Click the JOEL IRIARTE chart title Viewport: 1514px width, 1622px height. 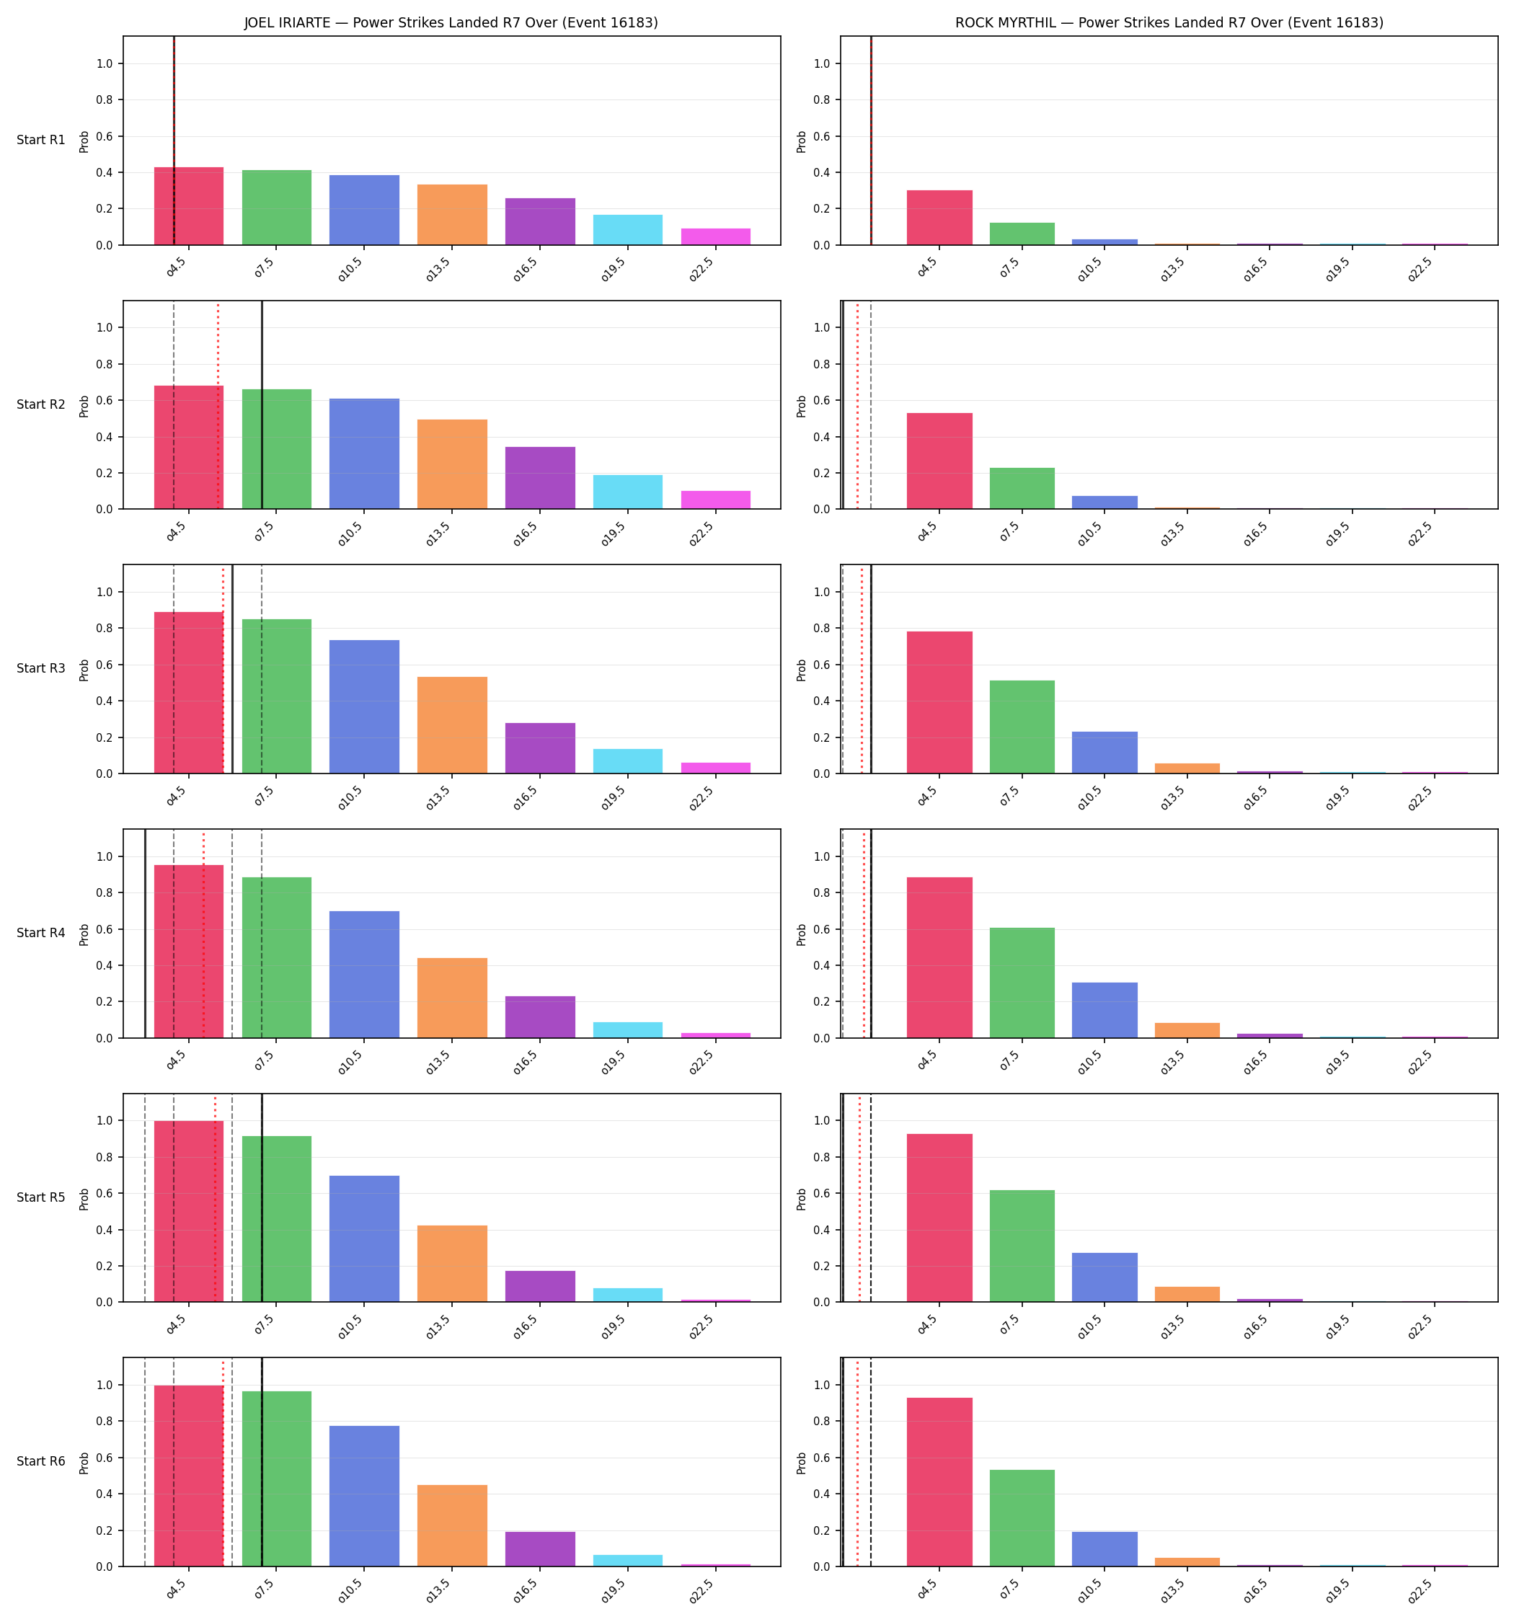pyautogui.click(x=451, y=23)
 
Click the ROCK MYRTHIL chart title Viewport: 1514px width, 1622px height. pyautogui.click(x=1169, y=23)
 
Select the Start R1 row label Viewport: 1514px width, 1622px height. pyautogui.click(x=41, y=141)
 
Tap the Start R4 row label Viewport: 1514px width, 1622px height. pyautogui.click(x=41, y=933)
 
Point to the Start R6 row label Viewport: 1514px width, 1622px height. pyautogui.click(x=41, y=1461)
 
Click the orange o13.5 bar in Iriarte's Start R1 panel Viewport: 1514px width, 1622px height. pyautogui.click(x=452, y=215)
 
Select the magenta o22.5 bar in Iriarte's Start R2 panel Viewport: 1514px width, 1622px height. pyautogui.click(x=716, y=500)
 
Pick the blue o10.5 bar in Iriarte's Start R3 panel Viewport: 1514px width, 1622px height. pyautogui.click(x=364, y=706)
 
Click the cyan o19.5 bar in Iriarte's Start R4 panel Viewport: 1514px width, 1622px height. pyautogui.click(x=628, y=1029)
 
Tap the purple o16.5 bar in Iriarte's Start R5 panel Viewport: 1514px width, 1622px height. pyautogui.click(x=540, y=1287)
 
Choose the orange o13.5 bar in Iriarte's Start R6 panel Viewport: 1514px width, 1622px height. pyautogui.click(x=452, y=1525)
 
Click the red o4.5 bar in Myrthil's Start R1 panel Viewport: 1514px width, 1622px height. pyautogui.click(x=939, y=218)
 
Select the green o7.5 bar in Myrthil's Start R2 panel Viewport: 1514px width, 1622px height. pyautogui.click(x=1022, y=489)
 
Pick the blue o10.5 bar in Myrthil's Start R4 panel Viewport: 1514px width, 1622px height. pyautogui.click(x=1104, y=1010)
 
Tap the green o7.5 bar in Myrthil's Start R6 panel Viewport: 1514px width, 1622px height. pyautogui.click(x=1022, y=1518)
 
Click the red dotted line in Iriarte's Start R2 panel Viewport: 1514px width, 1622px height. pyautogui.click(x=218, y=405)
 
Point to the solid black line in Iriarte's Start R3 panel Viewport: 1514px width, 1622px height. pyautogui.click(x=233, y=669)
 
